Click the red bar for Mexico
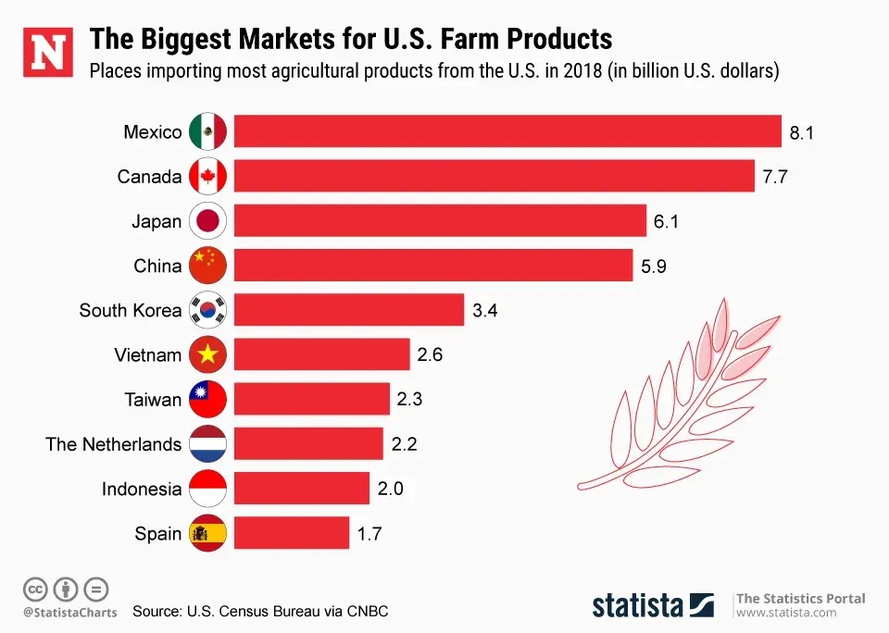point(507,131)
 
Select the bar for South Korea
point(348,310)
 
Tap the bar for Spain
point(292,533)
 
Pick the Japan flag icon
point(207,221)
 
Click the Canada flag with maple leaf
point(207,176)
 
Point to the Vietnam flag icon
point(207,354)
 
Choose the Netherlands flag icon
point(207,444)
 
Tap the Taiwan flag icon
point(207,400)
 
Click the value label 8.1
point(801,132)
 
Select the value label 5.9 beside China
point(654,267)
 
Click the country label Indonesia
point(142,489)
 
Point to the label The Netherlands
point(113,444)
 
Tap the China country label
point(157,267)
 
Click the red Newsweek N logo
point(48,53)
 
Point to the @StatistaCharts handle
point(70,612)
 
